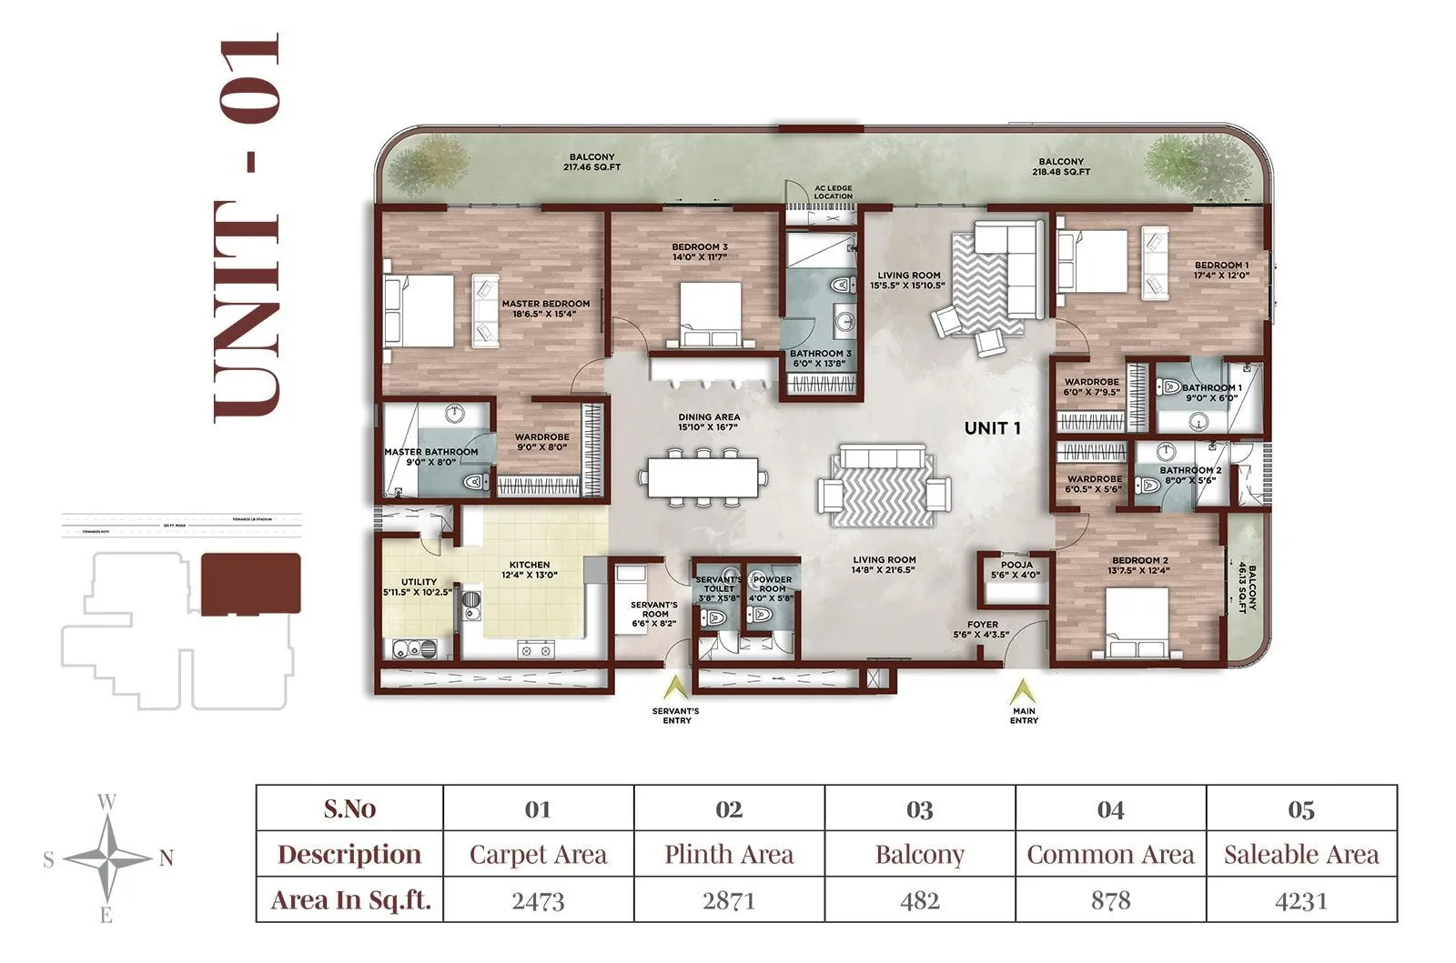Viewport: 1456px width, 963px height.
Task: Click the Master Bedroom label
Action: coord(545,308)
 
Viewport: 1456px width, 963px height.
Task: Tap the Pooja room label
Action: coord(1016,569)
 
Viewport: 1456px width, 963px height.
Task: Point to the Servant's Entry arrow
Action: coord(676,689)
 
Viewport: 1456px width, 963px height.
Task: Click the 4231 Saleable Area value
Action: coord(1300,900)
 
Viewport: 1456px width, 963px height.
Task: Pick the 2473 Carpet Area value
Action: coord(538,900)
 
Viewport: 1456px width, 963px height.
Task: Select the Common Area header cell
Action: coord(1110,854)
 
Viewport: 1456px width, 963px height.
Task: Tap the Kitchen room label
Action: coord(529,569)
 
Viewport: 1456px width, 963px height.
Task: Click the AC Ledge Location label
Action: coord(834,192)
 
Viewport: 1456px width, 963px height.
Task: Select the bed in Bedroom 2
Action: coord(1137,623)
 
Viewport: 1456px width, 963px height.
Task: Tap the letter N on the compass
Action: coord(167,858)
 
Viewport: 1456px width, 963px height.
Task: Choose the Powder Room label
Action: coord(773,584)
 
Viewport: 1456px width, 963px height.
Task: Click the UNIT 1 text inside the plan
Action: coord(992,427)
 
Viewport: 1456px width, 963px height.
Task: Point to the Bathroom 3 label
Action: coord(820,358)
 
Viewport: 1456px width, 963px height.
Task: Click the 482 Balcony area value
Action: coord(919,900)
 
